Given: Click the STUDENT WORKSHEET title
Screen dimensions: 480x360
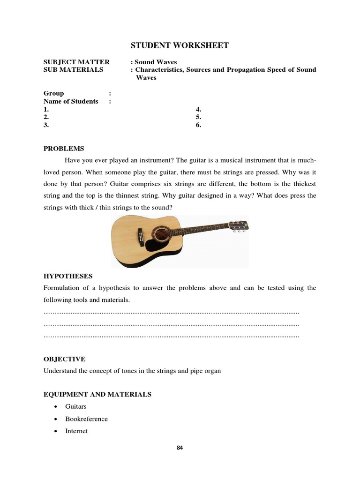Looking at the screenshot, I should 179,45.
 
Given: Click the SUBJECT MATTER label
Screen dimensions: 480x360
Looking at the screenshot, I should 76,62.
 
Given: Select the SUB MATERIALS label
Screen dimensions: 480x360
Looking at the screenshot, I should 73,70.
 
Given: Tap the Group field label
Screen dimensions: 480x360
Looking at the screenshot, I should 54,93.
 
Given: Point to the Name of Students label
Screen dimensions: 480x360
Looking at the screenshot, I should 71,101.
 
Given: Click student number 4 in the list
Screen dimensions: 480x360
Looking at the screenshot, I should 198,109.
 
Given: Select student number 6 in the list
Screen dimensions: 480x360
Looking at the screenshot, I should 198,125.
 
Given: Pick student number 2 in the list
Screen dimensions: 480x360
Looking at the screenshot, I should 46,117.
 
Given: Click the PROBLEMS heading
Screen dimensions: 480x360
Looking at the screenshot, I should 64,149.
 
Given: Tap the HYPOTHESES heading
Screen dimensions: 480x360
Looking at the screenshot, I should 68,276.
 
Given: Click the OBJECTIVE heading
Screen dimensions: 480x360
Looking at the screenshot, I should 65,359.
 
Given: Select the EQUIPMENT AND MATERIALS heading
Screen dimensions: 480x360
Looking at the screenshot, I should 97,395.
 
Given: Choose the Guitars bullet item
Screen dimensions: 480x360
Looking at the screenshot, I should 76,407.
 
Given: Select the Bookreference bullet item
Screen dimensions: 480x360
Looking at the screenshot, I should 86,419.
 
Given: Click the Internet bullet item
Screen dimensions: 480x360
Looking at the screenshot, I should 76,431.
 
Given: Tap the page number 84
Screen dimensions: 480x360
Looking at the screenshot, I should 180,448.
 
